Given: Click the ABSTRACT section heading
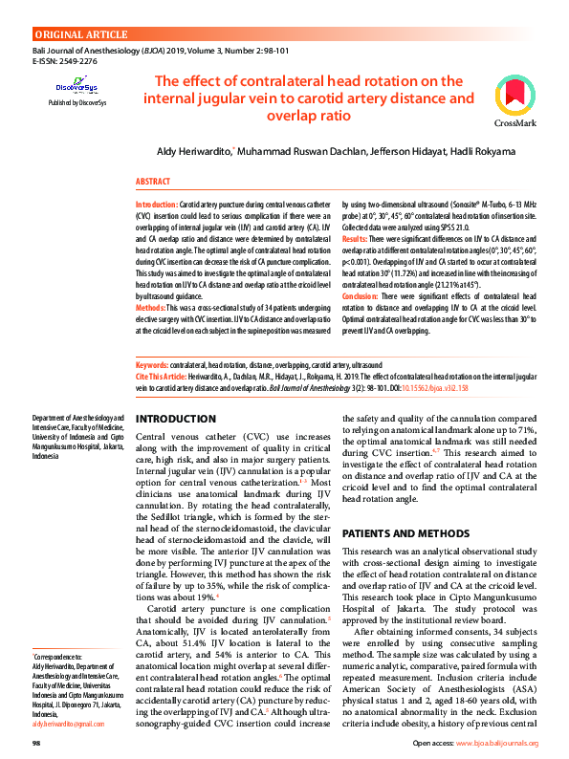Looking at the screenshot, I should [x=153, y=181].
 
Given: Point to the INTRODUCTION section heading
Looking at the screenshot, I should [x=176, y=420].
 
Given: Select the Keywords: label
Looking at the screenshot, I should [x=152, y=366].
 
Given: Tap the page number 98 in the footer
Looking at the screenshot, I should [x=36, y=743].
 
